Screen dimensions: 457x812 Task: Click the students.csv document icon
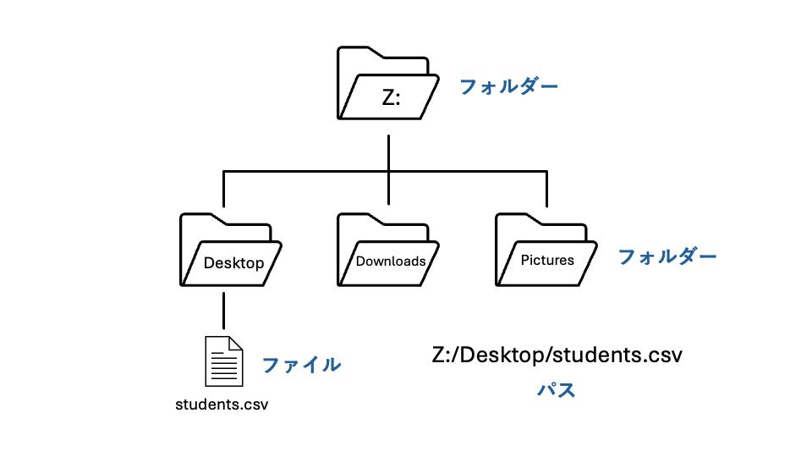pyautogui.click(x=224, y=361)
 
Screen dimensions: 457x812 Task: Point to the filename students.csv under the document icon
pyautogui.click(x=222, y=404)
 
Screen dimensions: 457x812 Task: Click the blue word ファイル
pyautogui.click(x=301, y=365)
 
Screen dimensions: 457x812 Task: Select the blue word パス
pyautogui.click(x=557, y=390)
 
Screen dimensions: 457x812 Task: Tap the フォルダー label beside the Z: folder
pyautogui.click(x=508, y=86)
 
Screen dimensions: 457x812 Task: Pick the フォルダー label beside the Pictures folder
pyautogui.click(x=667, y=256)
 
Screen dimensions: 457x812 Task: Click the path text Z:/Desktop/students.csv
pyautogui.click(x=557, y=355)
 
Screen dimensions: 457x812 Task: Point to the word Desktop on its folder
pyautogui.click(x=234, y=262)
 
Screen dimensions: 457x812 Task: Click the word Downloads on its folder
pyautogui.click(x=391, y=262)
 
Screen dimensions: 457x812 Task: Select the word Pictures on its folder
pyautogui.click(x=547, y=260)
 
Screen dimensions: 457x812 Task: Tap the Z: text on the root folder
pyautogui.click(x=392, y=98)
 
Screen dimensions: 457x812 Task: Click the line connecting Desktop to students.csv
pyautogui.click(x=223, y=311)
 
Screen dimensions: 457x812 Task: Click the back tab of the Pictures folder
pyautogui.click(x=516, y=219)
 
